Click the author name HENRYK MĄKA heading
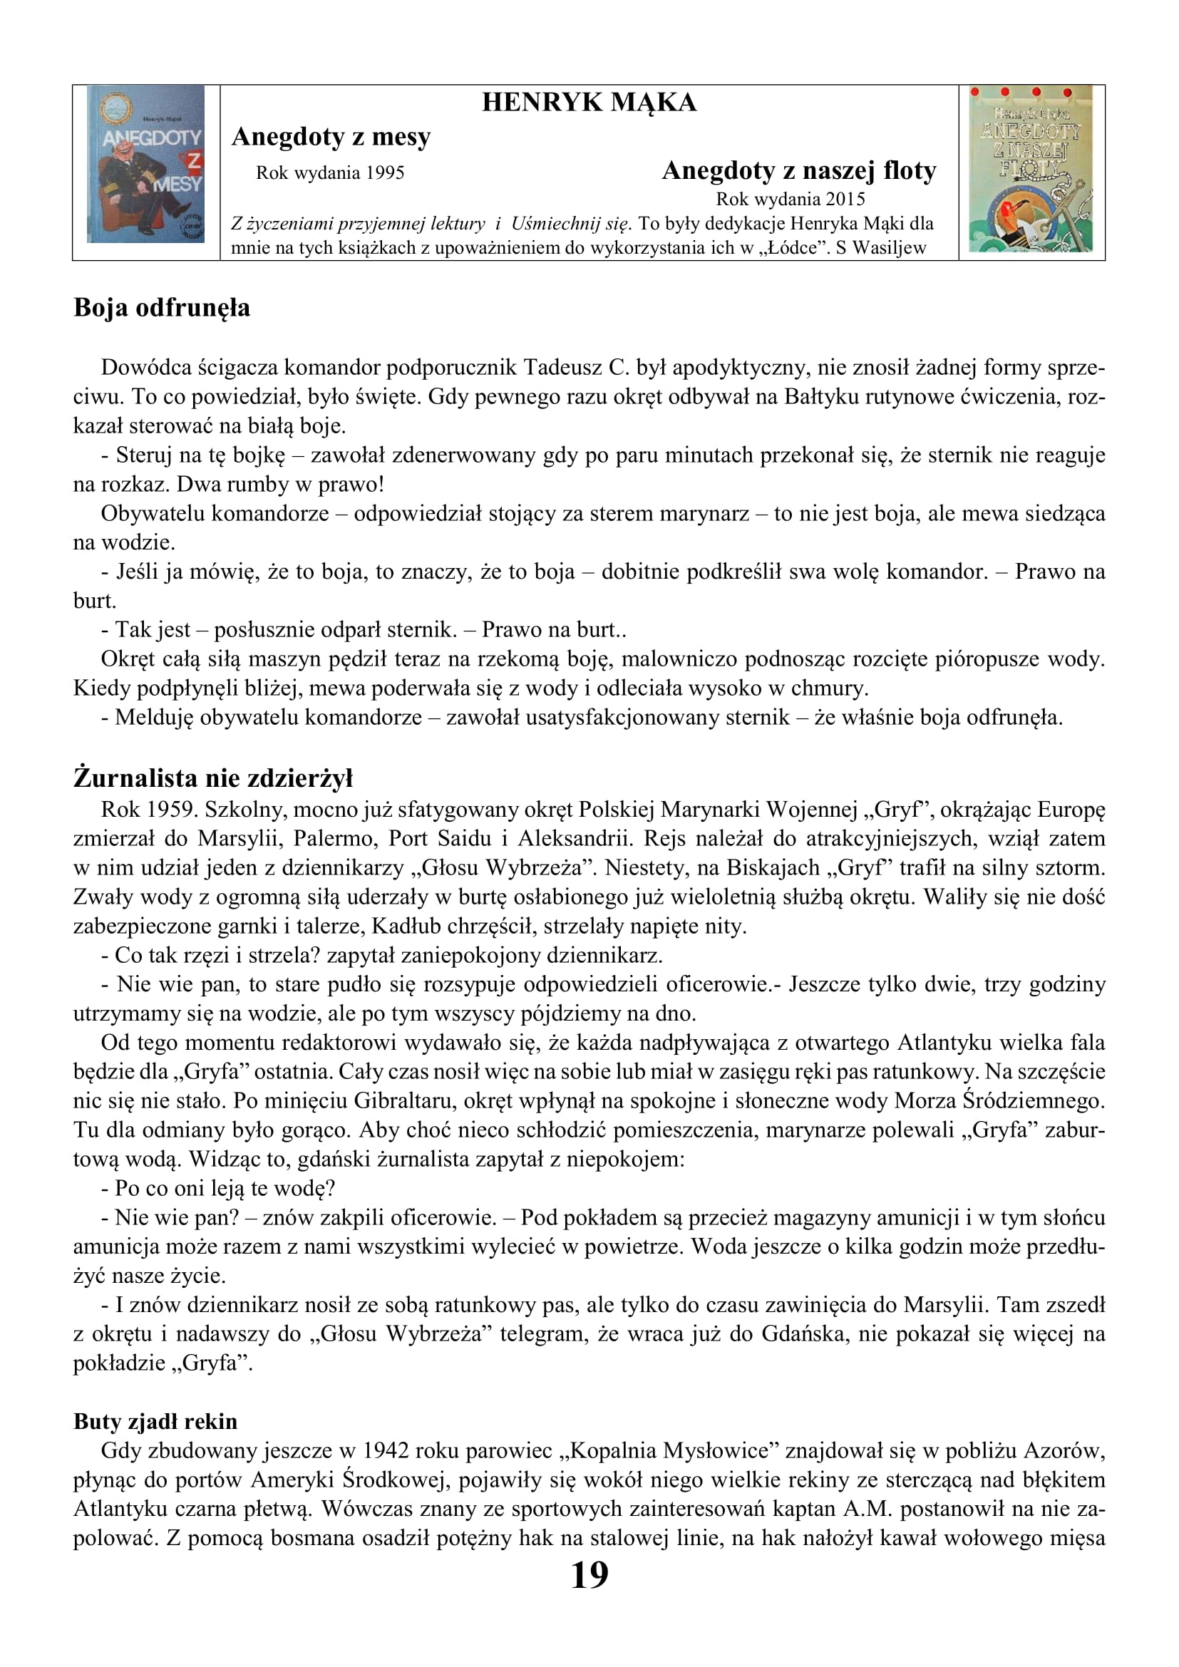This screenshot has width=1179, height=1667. coord(589,103)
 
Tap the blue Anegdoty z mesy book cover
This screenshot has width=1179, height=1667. coord(146,164)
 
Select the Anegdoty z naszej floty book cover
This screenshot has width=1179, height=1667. coord(1031,169)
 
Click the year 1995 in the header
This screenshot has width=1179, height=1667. coord(385,172)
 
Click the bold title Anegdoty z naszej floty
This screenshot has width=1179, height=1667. coord(798,170)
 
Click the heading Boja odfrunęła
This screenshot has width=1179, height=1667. coord(162,308)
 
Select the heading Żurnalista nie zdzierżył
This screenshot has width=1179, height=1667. coord(212,778)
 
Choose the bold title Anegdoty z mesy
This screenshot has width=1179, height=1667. coord(331,137)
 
